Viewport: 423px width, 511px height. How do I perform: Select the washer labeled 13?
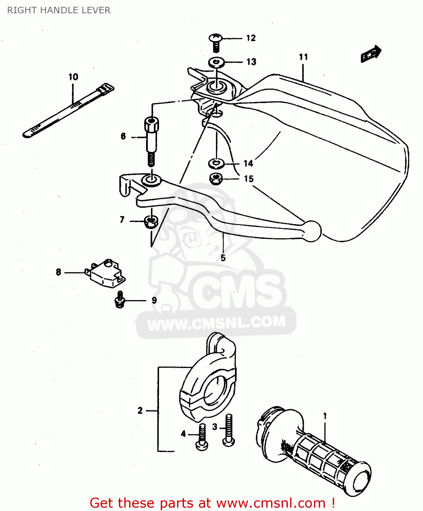(x=216, y=62)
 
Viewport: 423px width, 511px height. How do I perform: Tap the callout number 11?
(x=303, y=57)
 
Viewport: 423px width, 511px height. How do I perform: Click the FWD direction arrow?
(x=371, y=54)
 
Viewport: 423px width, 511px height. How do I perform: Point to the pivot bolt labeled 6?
(x=151, y=140)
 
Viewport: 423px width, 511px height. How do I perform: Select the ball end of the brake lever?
(x=312, y=231)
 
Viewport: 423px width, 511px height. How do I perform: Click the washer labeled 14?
(x=216, y=164)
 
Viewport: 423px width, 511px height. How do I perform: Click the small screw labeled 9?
(x=120, y=300)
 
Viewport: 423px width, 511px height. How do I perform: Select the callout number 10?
(x=73, y=77)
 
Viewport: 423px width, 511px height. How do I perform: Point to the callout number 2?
(x=140, y=411)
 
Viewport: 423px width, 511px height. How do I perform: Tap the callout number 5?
(x=223, y=258)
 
